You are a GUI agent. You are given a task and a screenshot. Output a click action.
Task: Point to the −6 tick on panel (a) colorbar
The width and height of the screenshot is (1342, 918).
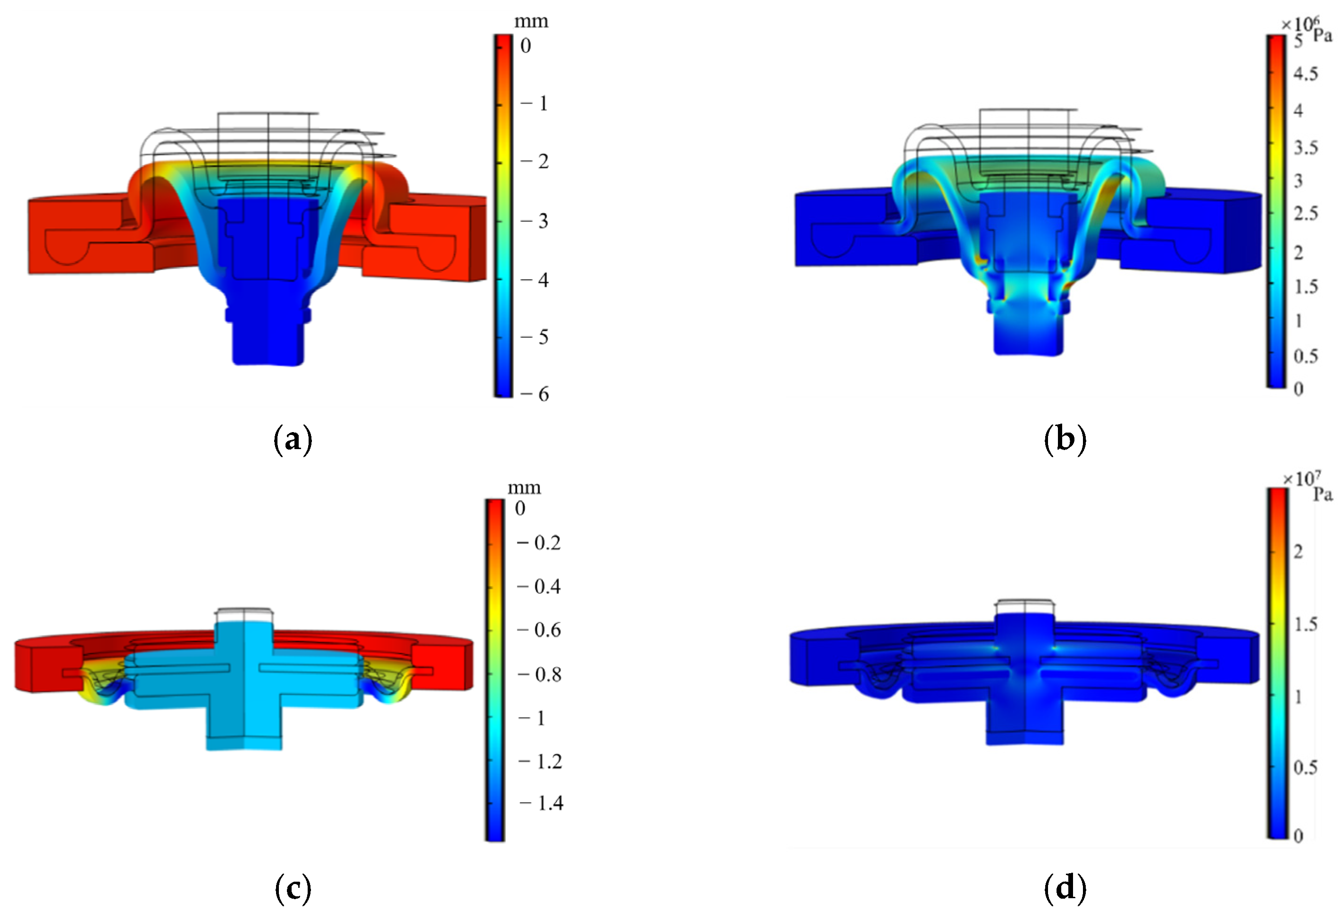point(535,394)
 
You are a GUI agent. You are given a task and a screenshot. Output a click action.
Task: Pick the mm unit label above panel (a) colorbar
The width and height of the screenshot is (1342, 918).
point(531,22)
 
